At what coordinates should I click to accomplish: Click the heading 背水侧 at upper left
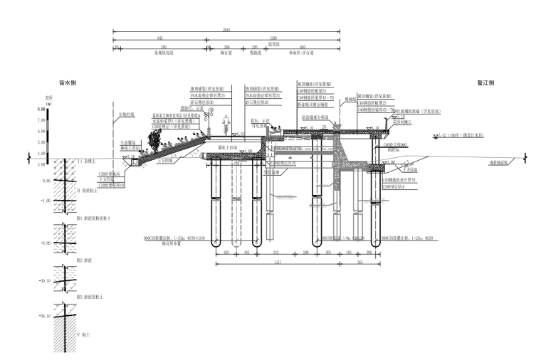pyautogui.click(x=68, y=82)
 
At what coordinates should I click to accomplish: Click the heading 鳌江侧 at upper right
pyautogui.click(x=486, y=82)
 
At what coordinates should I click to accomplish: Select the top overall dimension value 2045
pyautogui.click(x=227, y=30)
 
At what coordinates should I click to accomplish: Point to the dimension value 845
pyautogui.click(x=159, y=38)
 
